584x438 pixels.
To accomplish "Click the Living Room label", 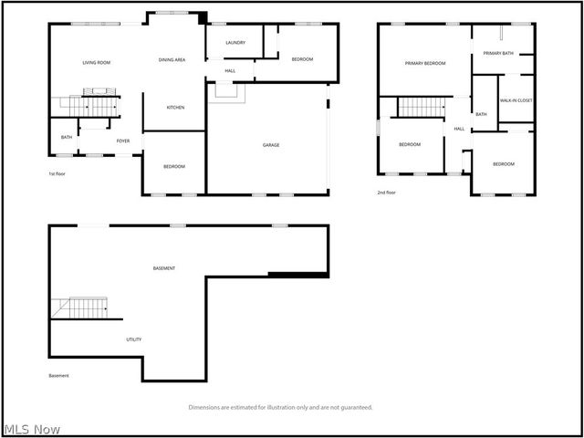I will [x=96, y=62].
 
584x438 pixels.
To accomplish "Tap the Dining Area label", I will [x=172, y=59].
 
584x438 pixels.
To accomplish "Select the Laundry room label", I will [x=235, y=42].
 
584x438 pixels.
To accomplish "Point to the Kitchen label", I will [x=175, y=108].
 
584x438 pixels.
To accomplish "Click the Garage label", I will [x=271, y=145].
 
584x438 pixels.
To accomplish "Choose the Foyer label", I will [x=122, y=141].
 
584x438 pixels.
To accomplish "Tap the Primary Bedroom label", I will [x=425, y=63].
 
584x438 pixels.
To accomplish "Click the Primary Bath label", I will [x=499, y=54].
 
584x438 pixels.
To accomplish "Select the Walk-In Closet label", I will [x=516, y=100].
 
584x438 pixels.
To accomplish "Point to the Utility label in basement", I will [x=133, y=339].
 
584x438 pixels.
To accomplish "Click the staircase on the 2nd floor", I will [x=421, y=107].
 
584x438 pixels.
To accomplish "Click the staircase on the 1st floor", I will [x=94, y=105].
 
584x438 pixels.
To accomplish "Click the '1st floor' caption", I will [x=58, y=173].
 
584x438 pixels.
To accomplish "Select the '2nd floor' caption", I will [x=387, y=193].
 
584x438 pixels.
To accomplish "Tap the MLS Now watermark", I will [x=32, y=429].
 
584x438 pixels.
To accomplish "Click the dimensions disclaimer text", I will [x=280, y=407].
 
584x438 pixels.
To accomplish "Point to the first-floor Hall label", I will [x=231, y=70].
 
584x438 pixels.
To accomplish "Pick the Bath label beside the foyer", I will [x=67, y=138].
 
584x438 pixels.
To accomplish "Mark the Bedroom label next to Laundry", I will [x=302, y=59].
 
